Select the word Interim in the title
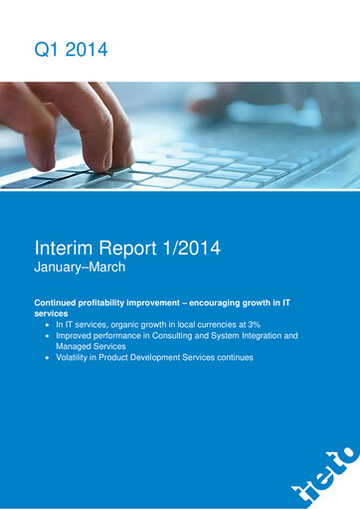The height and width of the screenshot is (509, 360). point(64,249)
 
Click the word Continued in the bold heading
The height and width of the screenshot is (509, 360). point(60,300)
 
